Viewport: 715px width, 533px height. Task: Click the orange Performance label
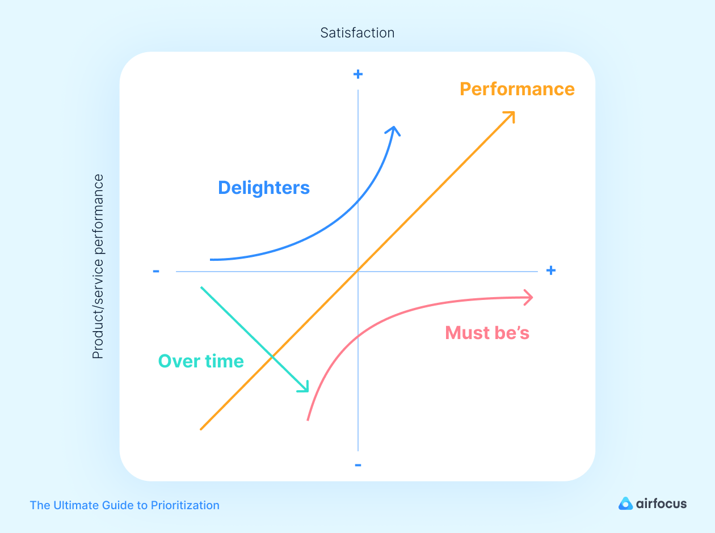click(x=517, y=90)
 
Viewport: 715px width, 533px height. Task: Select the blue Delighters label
click(x=264, y=188)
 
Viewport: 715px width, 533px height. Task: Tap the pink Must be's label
click(x=487, y=333)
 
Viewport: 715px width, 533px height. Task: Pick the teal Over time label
click(x=201, y=361)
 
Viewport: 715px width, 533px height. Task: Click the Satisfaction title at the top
click(x=357, y=33)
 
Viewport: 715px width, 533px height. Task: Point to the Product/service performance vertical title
click(x=98, y=266)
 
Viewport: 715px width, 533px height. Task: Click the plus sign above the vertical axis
click(x=358, y=74)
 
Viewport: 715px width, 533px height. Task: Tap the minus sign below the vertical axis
click(x=358, y=466)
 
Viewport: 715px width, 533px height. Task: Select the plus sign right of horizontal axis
click(x=550, y=270)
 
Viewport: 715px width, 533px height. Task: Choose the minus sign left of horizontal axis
click(x=156, y=271)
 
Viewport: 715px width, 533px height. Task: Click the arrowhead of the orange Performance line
click(x=510, y=116)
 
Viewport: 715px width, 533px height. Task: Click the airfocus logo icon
click(x=625, y=504)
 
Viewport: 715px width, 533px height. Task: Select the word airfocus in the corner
click(x=661, y=504)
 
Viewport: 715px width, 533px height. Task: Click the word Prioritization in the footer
click(x=185, y=505)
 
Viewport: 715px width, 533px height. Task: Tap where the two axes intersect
click(x=358, y=272)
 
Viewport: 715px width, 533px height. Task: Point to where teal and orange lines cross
click(x=272, y=357)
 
